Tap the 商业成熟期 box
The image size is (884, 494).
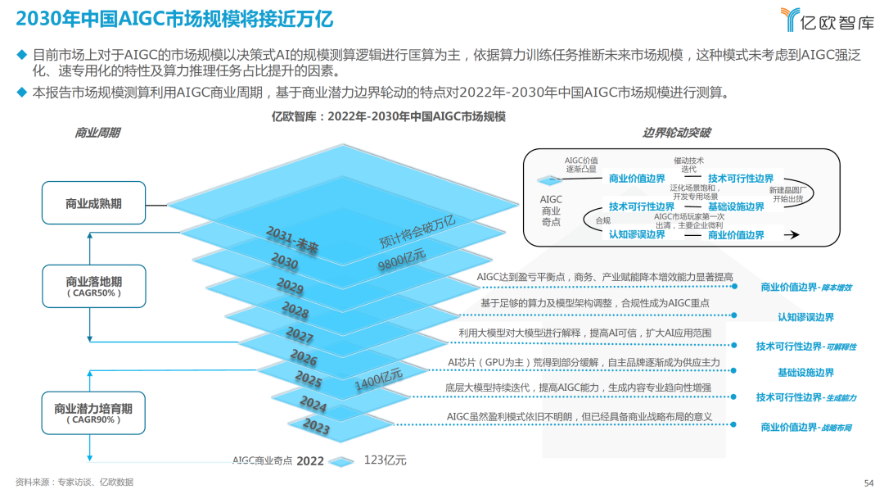coord(93,203)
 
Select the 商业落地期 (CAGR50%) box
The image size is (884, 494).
coord(93,286)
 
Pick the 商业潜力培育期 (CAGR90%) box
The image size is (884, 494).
coord(93,413)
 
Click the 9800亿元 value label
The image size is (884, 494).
coord(402,261)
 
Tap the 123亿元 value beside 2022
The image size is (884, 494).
coord(385,460)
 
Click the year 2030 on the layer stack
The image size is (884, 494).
coord(285,261)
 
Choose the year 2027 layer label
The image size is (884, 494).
coord(300,336)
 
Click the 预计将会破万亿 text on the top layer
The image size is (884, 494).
coord(417,232)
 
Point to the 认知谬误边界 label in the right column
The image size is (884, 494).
coord(805,317)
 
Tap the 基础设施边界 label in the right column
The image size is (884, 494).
coord(805,373)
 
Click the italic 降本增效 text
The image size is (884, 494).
coord(837,288)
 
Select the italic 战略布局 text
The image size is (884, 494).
coord(837,428)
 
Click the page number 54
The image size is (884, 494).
coord(869,483)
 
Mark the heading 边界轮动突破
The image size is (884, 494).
coord(677,133)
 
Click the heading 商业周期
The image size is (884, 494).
coord(97,133)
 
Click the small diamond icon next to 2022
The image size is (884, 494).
coord(342,461)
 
